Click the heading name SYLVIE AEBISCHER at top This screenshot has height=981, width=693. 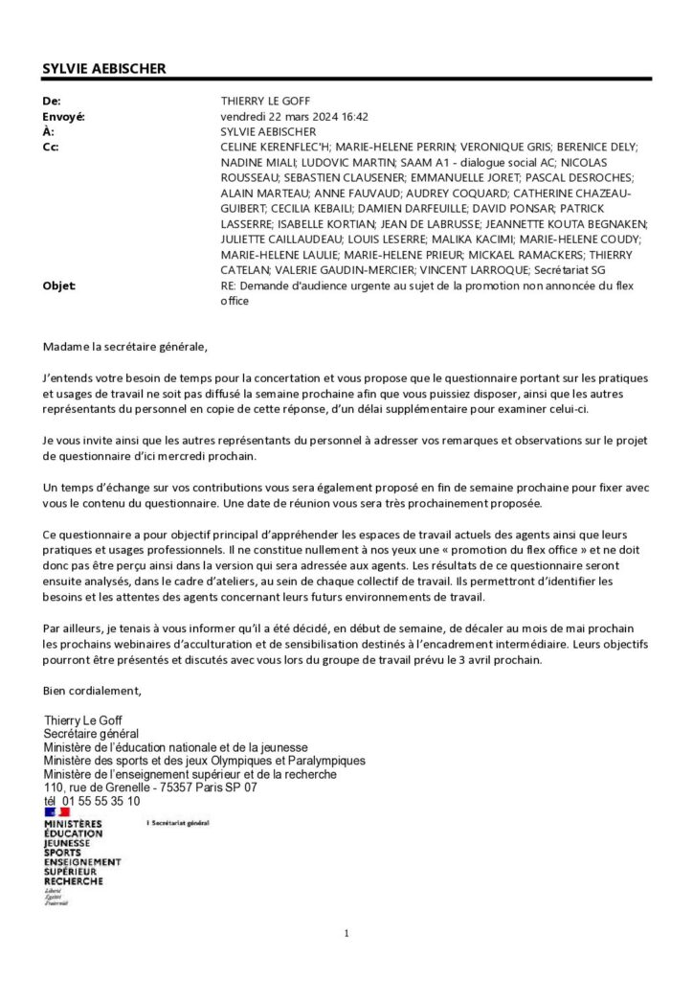click(x=104, y=68)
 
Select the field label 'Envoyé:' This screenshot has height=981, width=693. click(x=64, y=116)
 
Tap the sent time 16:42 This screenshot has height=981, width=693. click(x=355, y=116)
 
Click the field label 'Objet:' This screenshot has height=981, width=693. click(x=59, y=285)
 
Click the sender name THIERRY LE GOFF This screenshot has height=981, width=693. click(x=265, y=101)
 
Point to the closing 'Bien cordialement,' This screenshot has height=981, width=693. click(x=92, y=690)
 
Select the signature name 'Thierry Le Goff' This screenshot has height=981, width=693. click(x=83, y=720)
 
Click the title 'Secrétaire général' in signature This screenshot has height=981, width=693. click(x=91, y=734)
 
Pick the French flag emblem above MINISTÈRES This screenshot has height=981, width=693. click(x=57, y=812)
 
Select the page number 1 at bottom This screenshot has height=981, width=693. click(x=346, y=933)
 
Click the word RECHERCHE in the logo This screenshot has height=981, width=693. click(x=73, y=880)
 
